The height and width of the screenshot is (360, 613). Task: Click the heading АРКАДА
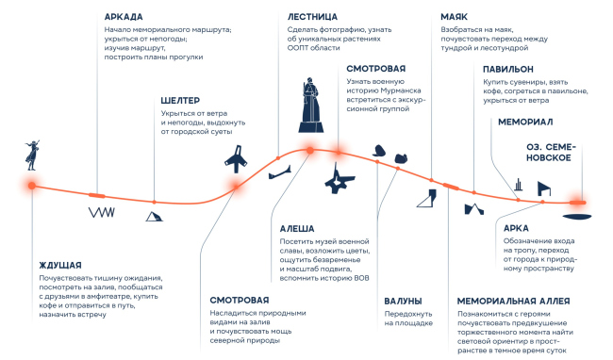[x=124, y=17]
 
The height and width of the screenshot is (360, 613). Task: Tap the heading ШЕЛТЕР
[x=180, y=100]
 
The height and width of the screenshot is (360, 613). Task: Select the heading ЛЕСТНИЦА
[x=312, y=17]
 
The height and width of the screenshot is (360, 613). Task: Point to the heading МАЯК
[x=454, y=17]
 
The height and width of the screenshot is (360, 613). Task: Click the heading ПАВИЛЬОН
[x=507, y=69]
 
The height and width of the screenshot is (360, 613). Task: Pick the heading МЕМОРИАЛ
[x=525, y=122]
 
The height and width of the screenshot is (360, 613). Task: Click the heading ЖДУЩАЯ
[x=60, y=265]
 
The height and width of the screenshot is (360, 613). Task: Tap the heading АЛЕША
[x=297, y=228]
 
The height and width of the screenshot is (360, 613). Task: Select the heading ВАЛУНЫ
[x=403, y=301]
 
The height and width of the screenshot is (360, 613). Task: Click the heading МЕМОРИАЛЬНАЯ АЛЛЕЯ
[x=513, y=301]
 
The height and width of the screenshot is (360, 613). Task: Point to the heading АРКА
[x=516, y=228]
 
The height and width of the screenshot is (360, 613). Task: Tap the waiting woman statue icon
[x=32, y=155]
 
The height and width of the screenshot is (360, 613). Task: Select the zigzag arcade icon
[x=102, y=212]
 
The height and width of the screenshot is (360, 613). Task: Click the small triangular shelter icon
[x=154, y=217]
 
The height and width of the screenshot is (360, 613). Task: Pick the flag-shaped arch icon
[x=544, y=188]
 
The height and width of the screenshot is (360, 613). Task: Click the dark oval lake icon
[x=577, y=217]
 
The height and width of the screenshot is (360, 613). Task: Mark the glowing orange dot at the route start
[x=32, y=186]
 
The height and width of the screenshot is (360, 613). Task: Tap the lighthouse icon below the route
[x=427, y=198]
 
